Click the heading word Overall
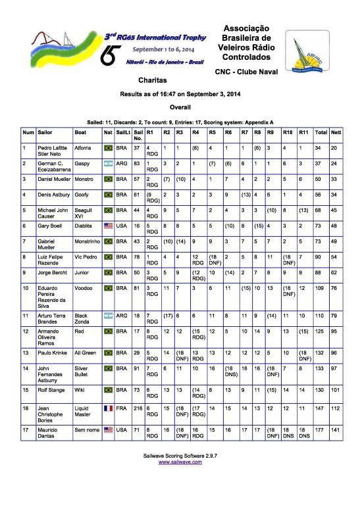[x=180, y=107]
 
